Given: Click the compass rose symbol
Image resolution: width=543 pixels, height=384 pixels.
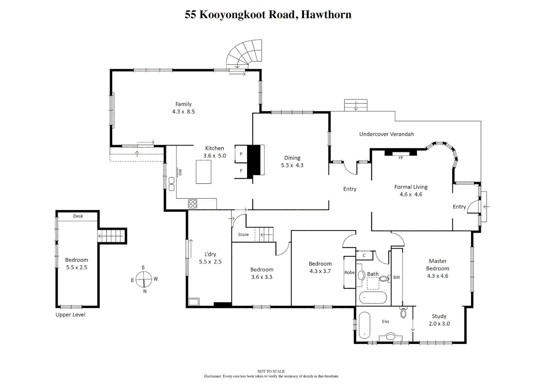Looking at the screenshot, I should pyautogui.click(x=144, y=279).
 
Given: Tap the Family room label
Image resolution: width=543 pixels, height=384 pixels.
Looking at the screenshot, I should pyautogui.click(x=183, y=104).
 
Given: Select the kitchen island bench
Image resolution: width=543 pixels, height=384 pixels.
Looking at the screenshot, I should pyautogui.click(x=203, y=172).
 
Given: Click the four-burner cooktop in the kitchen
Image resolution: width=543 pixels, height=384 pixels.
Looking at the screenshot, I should pyautogui.click(x=192, y=204).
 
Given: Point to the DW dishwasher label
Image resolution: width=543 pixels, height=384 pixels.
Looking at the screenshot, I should pyautogui.click(x=180, y=172).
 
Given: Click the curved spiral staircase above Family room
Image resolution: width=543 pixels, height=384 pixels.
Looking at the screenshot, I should pyautogui.click(x=245, y=53).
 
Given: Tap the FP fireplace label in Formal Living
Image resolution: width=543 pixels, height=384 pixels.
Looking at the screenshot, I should pyautogui.click(x=400, y=158).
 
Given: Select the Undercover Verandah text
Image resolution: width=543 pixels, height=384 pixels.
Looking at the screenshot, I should pyautogui.click(x=386, y=134).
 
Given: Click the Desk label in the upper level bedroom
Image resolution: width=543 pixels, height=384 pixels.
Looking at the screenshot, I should pyautogui.click(x=78, y=216).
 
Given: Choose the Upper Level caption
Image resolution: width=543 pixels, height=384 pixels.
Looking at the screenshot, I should pyautogui.click(x=70, y=315).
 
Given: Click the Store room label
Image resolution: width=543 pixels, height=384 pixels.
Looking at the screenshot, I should pyautogui.click(x=243, y=235).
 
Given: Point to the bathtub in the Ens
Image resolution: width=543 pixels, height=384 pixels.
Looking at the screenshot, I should pyautogui.click(x=364, y=325).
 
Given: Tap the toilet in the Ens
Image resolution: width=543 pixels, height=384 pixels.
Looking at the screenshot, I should pyautogui.click(x=403, y=313).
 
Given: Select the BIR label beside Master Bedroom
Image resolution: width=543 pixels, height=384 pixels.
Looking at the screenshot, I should pyautogui.click(x=396, y=277).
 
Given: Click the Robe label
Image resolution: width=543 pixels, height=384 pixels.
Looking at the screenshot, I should pyautogui.click(x=349, y=272).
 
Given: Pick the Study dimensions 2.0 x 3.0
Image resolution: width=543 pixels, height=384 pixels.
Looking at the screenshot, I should pyautogui.click(x=439, y=324).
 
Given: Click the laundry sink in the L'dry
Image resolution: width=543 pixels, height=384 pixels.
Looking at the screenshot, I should pyautogui.click(x=194, y=302).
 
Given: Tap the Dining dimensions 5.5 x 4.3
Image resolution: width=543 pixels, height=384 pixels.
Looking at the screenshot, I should pyautogui.click(x=292, y=165).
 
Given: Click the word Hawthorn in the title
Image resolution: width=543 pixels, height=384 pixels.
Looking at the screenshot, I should pyautogui.click(x=326, y=15).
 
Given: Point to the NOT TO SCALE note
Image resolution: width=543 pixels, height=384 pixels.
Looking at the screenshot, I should pyautogui.click(x=271, y=371).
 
